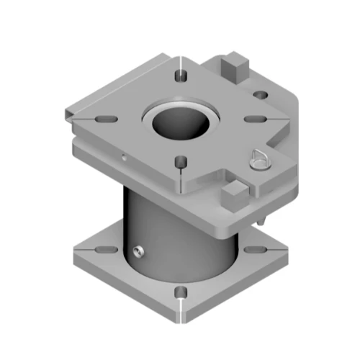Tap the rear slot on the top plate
coord(181,73)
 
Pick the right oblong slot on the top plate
coord(253,119)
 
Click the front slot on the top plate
coord(181,161)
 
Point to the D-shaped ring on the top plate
coord(259,159)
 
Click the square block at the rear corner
coord(235,67)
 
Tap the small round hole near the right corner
coord(261,94)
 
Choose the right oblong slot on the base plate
coord(253,250)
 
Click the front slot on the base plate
coord(181,292)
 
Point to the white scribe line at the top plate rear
coord(181,61)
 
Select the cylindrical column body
coord(180,230)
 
